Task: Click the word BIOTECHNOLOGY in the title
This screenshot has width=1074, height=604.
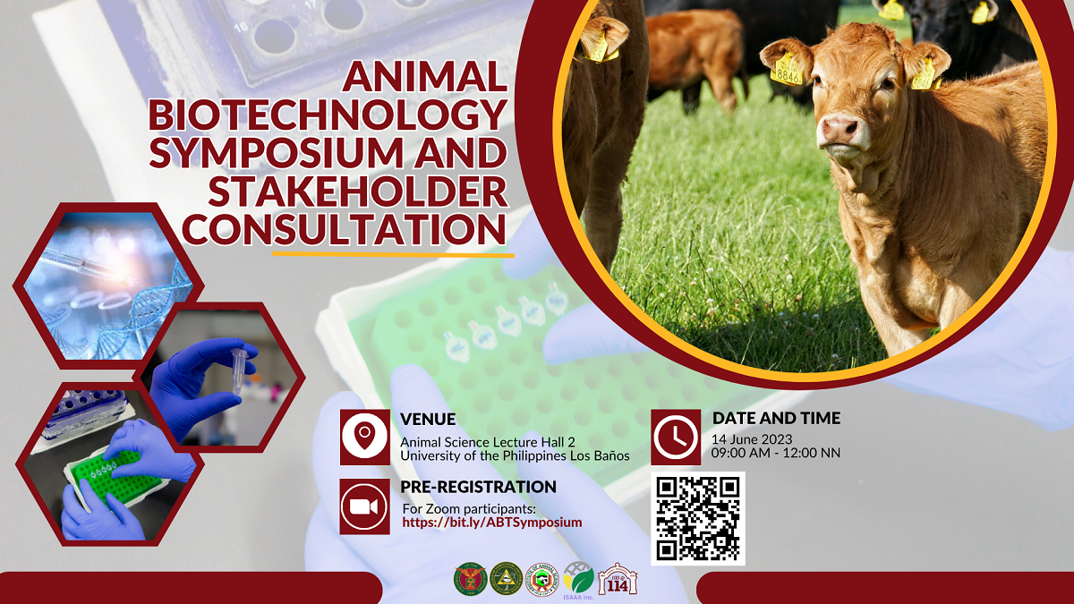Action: (x=328, y=115)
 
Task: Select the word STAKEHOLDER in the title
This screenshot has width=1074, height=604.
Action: (x=358, y=191)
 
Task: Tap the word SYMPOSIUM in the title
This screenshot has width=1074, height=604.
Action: (x=277, y=153)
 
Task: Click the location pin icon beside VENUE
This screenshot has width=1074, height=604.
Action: (x=365, y=438)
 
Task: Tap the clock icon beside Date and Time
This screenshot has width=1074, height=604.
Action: (x=676, y=438)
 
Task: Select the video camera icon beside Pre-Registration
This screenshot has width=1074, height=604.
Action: (x=365, y=506)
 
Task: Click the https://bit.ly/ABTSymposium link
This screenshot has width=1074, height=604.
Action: (x=492, y=522)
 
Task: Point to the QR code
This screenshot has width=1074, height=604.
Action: (x=698, y=519)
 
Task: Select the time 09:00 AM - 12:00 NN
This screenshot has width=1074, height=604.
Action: (x=776, y=453)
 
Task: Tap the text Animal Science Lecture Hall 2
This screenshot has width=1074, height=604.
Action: (x=488, y=442)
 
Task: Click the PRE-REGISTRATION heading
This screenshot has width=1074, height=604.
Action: (x=479, y=487)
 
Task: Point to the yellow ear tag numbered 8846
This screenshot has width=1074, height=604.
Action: (x=787, y=71)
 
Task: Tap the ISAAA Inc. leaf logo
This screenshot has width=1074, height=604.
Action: (x=579, y=580)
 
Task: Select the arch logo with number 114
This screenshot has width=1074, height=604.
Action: (x=618, y=579)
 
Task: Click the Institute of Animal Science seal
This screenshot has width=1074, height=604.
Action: (x=542, y=579)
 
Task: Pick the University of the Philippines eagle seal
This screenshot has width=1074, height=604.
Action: (x=471, y=579)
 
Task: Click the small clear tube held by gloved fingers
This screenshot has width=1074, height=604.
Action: (x=239, y=371)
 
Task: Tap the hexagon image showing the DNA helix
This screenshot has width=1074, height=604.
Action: (x=108, y=285)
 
